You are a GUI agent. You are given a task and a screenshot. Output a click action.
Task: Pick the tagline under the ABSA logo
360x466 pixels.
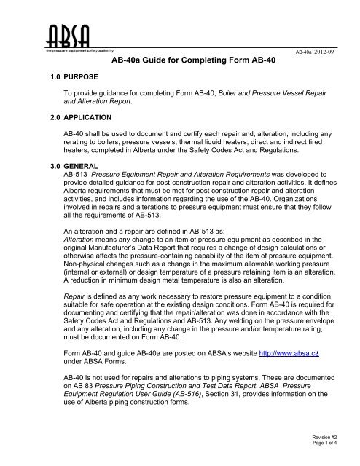[x=78, y=51]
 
